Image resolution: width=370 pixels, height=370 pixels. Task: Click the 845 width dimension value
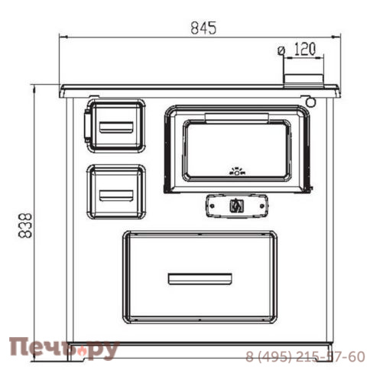click(x=203, y=28)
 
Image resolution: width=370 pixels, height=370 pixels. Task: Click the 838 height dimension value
click(x=25, y=226)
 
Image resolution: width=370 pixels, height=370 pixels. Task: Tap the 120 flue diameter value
click(x=305, y=49)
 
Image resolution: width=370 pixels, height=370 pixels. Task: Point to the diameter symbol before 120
click(x=281, y=50)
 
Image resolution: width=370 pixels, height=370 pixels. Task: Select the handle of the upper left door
click(x=116, y=127)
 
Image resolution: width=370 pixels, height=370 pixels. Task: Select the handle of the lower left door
click(x=116, y=196)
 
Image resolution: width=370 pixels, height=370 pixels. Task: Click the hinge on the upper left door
click(x=87, y=126)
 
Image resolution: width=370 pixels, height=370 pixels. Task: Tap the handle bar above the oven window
click(x=237, y=118)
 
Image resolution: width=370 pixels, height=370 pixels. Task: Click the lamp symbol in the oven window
click(x=237, y=171)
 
